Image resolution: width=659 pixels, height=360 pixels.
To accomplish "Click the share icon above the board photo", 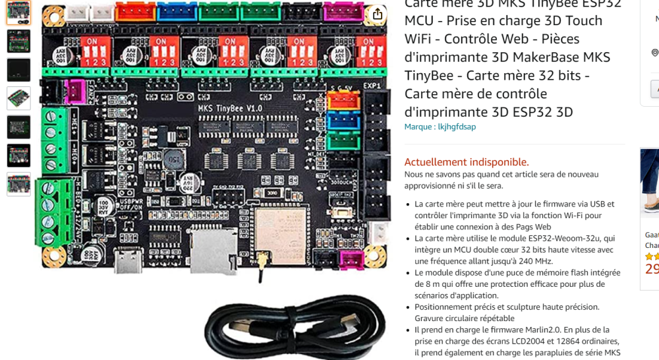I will point(377,15).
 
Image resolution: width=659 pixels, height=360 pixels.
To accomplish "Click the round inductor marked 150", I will point(173,159).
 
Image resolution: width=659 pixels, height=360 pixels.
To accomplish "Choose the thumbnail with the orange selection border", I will point(18,13).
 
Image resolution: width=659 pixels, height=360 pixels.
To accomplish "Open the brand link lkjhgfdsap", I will point(457,127).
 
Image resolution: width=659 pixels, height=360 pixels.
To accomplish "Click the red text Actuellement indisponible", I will point(467,162).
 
